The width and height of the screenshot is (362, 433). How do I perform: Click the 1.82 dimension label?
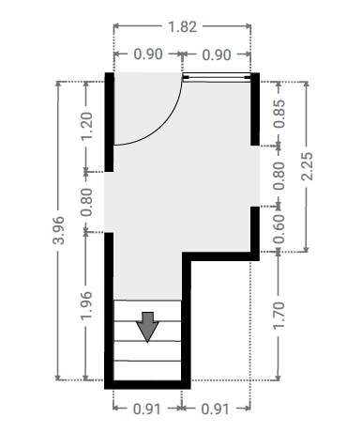coord(183,27)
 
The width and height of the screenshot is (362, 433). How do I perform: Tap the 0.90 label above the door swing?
coord(148,54)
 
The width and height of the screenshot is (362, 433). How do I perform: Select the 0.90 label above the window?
coord(217,54)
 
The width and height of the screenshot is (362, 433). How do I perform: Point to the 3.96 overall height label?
coord(59,230)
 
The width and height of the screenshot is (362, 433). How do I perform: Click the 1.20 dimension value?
coord(87,126)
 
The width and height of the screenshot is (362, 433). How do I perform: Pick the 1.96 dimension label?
coord(86,305)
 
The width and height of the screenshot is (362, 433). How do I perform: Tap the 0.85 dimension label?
coord(279,114)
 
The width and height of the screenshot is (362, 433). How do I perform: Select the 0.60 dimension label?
coord(279,229)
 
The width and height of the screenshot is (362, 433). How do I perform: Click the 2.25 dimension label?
coord(307,166)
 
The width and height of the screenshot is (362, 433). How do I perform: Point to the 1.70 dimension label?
coord(279,316)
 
